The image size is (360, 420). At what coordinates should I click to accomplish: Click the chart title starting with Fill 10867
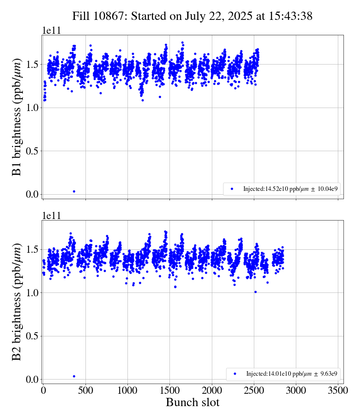tap(192, 16)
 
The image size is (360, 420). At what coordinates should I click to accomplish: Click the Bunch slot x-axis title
tap(192, 402)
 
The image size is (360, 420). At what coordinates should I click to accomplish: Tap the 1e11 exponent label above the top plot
tap(51, 30)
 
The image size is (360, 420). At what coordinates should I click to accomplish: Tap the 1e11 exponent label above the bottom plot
tap(51, 216)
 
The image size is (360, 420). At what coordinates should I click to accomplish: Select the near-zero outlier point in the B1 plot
tap(74, 191)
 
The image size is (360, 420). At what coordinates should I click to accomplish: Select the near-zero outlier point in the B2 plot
tap(74, 376)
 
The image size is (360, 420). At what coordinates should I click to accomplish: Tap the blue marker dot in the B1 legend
tap(232, 189)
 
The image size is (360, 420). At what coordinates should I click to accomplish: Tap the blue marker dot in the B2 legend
tap(235, 374)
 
